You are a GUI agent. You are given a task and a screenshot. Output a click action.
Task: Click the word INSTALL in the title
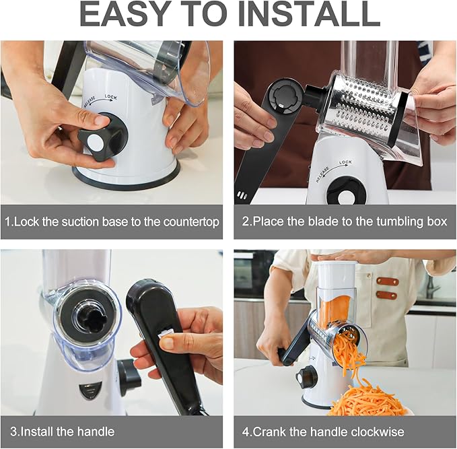(x=309, y=15)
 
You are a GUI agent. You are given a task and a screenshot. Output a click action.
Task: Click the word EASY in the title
(x=126, y=15)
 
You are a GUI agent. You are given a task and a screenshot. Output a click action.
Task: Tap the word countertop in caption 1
(x=191, y=222)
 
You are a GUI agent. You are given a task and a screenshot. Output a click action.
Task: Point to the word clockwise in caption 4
(x=378, y=431)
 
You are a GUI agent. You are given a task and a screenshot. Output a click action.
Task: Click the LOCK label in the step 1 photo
(x=111, y=97)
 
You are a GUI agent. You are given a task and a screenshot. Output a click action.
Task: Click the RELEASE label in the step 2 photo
(x=323, y=174)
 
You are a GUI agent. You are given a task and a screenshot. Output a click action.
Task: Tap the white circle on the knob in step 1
(x=96, y=142)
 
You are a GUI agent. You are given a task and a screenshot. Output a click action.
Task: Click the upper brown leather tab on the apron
(x=388, y=282)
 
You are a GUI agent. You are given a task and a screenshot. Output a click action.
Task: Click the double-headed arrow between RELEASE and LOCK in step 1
(x=98, y=100)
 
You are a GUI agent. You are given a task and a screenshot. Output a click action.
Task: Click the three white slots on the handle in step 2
(x=242, y=195)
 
